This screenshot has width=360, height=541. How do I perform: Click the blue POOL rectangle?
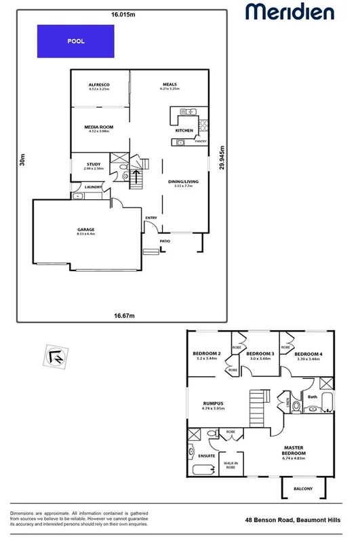click(75, 41)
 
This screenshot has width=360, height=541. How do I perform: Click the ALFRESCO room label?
click(99, 85)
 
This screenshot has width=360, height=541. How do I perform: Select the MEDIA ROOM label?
click(98, 127)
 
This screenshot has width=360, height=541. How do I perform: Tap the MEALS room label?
click(169, 85)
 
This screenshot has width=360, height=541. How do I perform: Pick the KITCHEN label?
click(184, 129)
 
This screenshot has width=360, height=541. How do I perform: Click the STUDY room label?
click(94, 164)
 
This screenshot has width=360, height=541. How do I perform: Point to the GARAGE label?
click(86, 230)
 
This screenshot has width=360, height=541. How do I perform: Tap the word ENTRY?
click(151, 218)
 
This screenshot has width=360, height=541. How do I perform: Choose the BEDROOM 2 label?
click(207, 354)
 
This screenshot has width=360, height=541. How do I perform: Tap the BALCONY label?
click(303, 488)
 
